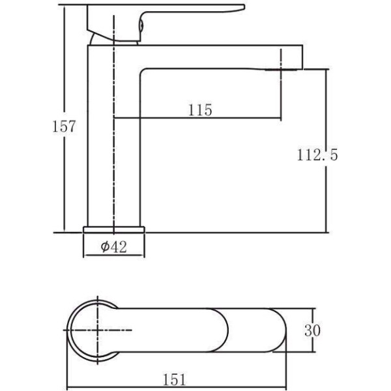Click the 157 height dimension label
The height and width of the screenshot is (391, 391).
point(64,126)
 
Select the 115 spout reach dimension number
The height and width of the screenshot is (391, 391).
point(200,110)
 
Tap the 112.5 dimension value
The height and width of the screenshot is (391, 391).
point(317,154)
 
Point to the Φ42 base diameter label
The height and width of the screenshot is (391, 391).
point(113,246)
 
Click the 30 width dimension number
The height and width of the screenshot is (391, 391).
point(312,330)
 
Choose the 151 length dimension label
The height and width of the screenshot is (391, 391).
point(175,379)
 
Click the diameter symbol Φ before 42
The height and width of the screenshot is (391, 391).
point(105,246)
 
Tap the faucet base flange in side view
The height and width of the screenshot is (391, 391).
point(114,229)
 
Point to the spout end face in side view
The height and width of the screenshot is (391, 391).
point(302,57)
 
